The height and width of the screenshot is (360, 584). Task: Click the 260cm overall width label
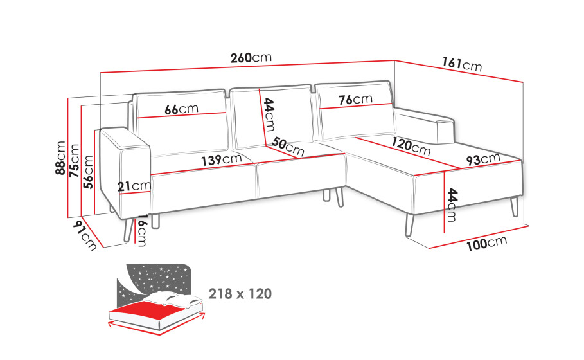point(251,58)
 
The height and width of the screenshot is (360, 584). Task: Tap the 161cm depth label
point(462,64)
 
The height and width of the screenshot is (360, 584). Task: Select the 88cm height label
point(60,157)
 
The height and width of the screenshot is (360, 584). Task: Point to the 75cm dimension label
point(74,160)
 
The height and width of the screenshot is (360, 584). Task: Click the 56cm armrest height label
point(88,172)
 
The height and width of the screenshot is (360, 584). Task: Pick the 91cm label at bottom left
point(85,235)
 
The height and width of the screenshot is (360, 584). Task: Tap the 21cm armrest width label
point(134,186)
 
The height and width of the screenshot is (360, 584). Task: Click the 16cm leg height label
point(142,230)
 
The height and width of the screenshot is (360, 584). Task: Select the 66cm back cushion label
point(181,109)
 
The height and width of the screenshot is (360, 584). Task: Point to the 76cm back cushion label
point(355,100)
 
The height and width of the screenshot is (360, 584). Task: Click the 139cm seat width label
point(222,159)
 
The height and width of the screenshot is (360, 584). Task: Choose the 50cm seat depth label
point(288,147)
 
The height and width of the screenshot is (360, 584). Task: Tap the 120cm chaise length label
point(411,145)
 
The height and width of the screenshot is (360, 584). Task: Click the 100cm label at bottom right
point(487,244)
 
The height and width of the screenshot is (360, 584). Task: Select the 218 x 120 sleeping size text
point(240,294)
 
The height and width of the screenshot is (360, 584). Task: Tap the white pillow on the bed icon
point(170,299)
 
